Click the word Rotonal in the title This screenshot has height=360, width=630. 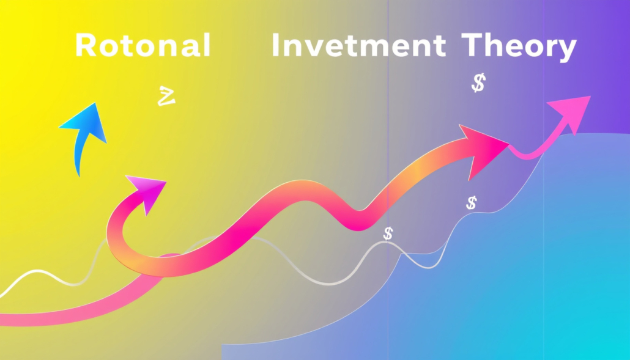pos(143,45)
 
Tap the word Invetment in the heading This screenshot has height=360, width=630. pos(358,45)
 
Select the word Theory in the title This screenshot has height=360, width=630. pos(519,47)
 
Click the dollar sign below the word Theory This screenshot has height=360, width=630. pos(478,83)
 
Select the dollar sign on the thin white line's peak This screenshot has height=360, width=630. pos(388,233)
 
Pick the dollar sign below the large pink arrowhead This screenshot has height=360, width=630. pos(472,203)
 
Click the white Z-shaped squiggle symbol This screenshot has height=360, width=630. pos(166,97)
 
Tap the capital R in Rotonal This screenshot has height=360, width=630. pos(86,45)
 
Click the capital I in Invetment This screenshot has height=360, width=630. pos(275,45)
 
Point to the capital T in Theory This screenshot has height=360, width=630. pos(472,45)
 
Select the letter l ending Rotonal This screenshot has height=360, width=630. pos(207,45)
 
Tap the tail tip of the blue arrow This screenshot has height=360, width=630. pos(79,176)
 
